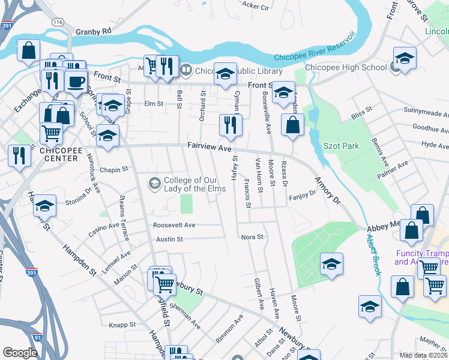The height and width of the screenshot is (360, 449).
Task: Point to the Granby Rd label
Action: click(x=94, y=31)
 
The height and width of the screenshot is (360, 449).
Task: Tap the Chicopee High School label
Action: click(x=346, y=68)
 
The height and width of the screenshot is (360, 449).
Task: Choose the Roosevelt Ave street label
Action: click(x=174, y=225)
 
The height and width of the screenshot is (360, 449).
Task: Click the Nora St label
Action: click(x=252, y=237)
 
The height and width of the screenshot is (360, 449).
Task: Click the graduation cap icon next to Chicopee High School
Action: click(x=405, y=58)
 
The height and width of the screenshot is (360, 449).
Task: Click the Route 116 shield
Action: click(x=58, y=22)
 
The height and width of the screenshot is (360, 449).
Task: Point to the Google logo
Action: click(x=20, y=353)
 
